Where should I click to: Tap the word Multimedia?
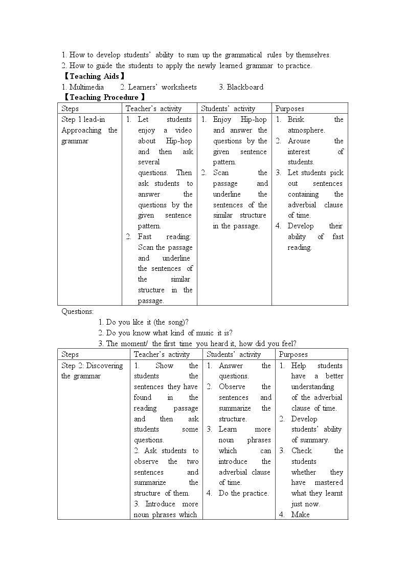tap(86, 87)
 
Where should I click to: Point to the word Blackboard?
tap(245, 87)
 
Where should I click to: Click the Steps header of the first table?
tap(70, 109)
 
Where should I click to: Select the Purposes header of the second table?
tap(294, 354)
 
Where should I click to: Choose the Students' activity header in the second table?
tap(234, 354)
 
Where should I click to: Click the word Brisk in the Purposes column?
tap(296, 119)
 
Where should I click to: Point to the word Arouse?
tap(299, 141)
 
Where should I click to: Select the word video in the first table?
tap(182, 130)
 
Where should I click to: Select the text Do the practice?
tap(243, 493)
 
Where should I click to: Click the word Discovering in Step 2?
tap(105, 366)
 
